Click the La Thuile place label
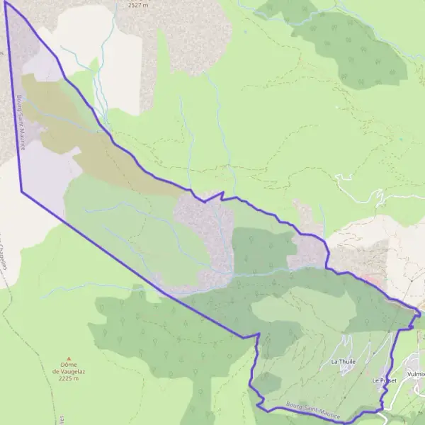pyautogui.click(x=342, y=361)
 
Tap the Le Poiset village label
pyautogui.click(x=385, y=380)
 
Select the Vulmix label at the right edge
pyautogui.click(x=416, y=373)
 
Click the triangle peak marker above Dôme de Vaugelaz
pyautogui.click(x=69, y=358)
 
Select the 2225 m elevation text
pyautogui.click(x=68, y=378)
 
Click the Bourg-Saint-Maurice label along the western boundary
pyautogui.click(x=21, y=124)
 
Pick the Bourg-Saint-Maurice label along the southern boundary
pyautogui.click(x=313, y=411)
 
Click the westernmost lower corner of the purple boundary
pyautogui.click(x=22, y=191)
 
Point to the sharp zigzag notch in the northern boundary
pyautogui.click(x=222, y=193)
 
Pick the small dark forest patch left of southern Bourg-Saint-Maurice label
pyautogui.click(x=267, y=383)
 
